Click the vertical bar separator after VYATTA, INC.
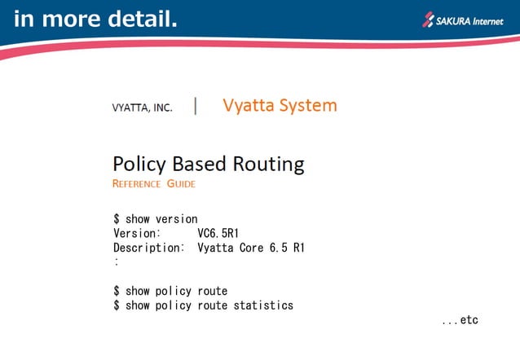click(196, 106)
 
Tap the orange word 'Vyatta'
click(249, 106)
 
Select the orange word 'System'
click(307, 106)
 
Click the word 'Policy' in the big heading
click(139, 164)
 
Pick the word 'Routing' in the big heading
click(263, 164)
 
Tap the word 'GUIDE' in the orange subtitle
click(181, 184)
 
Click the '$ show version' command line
click(155, 219)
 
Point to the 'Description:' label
click(148, 248)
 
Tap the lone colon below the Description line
click(117, 262)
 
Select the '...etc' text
click(459, 320)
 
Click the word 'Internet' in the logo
click(493, 18)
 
